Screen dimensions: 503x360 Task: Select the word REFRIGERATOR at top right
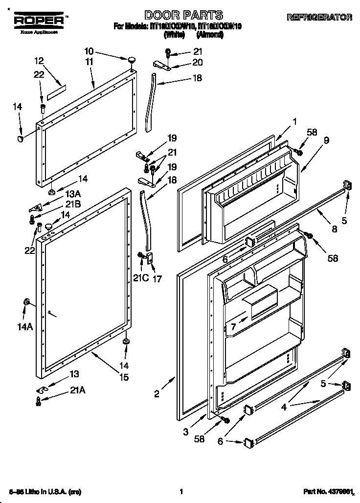tap(319, 17)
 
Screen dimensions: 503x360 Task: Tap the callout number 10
tap(89, 51)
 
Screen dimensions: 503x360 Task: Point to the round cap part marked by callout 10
tap(132, 60)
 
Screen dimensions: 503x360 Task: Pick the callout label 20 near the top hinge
tap(197, 62)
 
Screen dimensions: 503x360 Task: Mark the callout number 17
tap(157, 278)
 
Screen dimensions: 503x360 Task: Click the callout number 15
tap(124, 377)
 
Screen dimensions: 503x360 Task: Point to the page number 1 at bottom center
tap(180, 491)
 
